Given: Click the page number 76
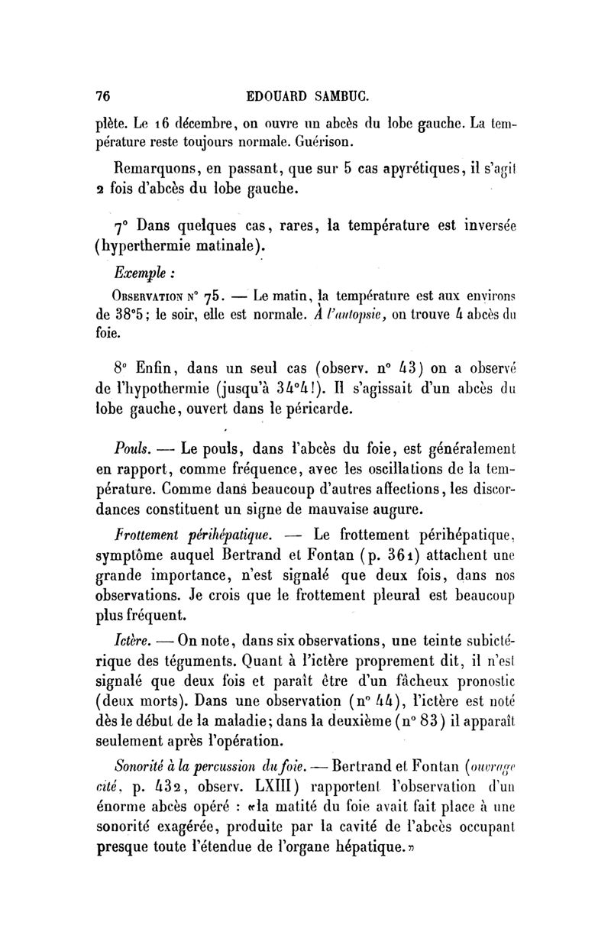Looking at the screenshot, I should [x=102, y=96].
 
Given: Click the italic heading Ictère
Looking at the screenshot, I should [x=129, y=639].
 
